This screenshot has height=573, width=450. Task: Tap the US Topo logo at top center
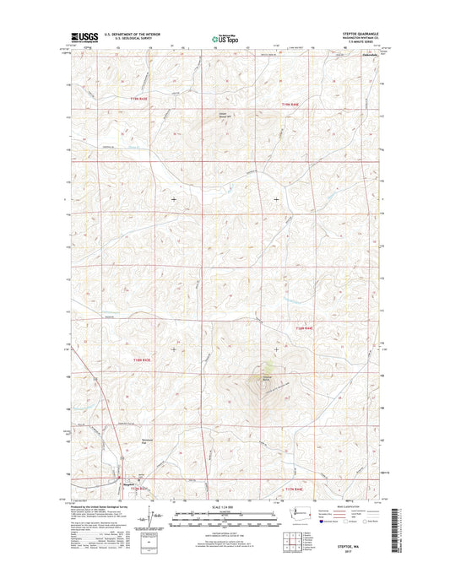[225, 37]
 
